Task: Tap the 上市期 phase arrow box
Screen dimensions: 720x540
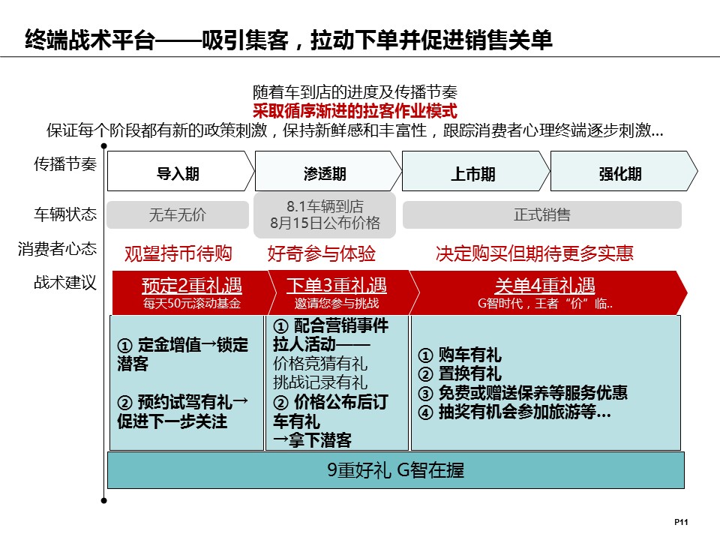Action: pos(475,171)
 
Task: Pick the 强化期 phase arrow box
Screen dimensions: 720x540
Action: pos(624,171)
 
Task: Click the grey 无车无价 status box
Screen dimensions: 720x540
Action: pos(178,214)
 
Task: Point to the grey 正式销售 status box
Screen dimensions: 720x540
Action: pos(541,214)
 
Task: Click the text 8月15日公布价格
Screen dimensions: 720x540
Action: pos(325,223)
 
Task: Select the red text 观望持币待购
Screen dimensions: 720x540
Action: pos(178,253)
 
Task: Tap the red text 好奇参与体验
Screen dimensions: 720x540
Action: pos(322,253)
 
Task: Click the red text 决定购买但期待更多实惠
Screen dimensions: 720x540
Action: pos(535,253)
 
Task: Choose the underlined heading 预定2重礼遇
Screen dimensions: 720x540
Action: pos(192,286)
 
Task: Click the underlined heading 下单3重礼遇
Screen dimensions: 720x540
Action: pos(337,286)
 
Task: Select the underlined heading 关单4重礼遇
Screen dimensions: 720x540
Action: pos(544,286)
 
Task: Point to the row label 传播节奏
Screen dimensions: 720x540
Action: pos(65,164)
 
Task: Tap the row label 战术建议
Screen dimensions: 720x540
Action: pos(65,283)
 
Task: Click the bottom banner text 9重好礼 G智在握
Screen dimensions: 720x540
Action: pos(396,470)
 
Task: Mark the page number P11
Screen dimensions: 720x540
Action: pos(681,522)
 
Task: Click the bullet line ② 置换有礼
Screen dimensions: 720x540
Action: pos(460,373)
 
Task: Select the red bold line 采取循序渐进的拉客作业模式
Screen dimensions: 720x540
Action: pos(355,111)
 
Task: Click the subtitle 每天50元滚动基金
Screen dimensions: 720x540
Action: pos(192,304)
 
